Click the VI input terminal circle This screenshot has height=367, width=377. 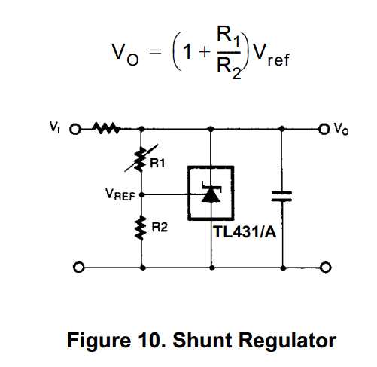click(75, 130)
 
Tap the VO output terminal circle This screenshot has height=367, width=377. click(324, 129)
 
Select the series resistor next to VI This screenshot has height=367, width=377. click(106, 128)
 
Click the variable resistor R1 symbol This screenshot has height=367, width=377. click(141, 159)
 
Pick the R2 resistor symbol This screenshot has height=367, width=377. click(141, 228)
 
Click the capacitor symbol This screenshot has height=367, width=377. click(281, 197)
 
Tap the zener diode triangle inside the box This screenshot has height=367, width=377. click(211, 195)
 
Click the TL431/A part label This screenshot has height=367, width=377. click(245, 231)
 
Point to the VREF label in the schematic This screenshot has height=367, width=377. click(120, 194)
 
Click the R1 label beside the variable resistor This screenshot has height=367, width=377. click(157, 163)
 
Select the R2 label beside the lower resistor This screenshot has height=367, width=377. click(160, 228)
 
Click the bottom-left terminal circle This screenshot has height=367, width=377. click(79, 267)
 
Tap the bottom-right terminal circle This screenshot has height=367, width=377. click(326, 268)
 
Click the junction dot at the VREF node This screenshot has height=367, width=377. click(141, 194)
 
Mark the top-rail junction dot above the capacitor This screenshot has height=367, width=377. click(282, 129)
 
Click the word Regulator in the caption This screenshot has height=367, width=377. click(287, 341)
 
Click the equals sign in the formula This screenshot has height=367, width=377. click(155, 52)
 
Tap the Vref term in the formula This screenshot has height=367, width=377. click(271, 54)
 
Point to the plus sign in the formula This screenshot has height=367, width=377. click(205, 52)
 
